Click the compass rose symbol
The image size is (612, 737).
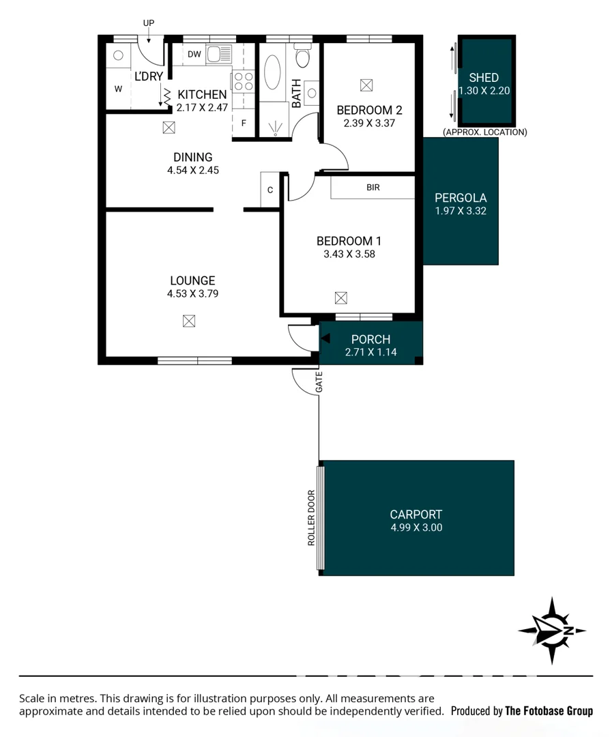[x=551, y=631]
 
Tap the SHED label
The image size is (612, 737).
[x=484, y=78]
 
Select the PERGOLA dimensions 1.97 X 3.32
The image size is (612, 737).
[x=461, y=211]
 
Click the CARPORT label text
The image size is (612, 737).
[x=416, y=515]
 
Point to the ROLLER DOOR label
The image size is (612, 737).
[x=311, y=518]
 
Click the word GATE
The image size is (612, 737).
[x=319, y=384]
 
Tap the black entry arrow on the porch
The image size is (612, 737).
[x=325, y=338]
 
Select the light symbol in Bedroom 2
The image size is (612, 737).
[x=366, y=85]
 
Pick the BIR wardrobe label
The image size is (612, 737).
[x=373, y=188]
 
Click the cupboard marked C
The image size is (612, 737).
[x=270, y=190]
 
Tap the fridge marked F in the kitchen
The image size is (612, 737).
[x=244, y=124]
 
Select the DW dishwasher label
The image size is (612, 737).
[x=194, y=55]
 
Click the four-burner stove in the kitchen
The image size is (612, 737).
[x=243, y=82]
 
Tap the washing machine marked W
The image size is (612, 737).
[x=118, y=89]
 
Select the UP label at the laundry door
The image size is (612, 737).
[x=149, y=23]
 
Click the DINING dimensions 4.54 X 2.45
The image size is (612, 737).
[x=192, y=170]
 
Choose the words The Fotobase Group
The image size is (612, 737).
[x=549, y=711]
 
